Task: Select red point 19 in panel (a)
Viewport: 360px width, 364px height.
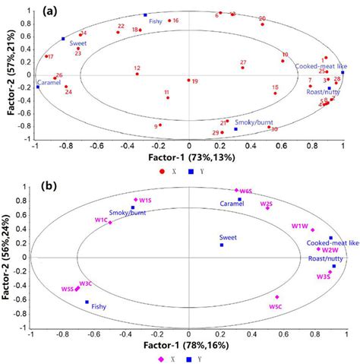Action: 189,80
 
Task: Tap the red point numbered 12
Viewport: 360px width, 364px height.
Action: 137,74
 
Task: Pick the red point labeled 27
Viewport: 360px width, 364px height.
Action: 242,68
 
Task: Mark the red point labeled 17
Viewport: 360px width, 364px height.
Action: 46,56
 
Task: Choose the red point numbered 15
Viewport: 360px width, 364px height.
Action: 276,93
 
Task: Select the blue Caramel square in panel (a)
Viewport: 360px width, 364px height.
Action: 37,87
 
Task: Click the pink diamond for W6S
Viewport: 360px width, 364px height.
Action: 237,191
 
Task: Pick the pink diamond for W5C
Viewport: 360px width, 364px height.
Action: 277,297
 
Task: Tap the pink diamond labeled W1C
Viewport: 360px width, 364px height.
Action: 110,223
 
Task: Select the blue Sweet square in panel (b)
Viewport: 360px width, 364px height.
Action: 222,245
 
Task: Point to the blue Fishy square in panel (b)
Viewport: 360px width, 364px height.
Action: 87,302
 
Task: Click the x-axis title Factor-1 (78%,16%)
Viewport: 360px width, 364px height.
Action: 188,346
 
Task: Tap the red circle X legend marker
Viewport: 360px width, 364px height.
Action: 161,171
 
